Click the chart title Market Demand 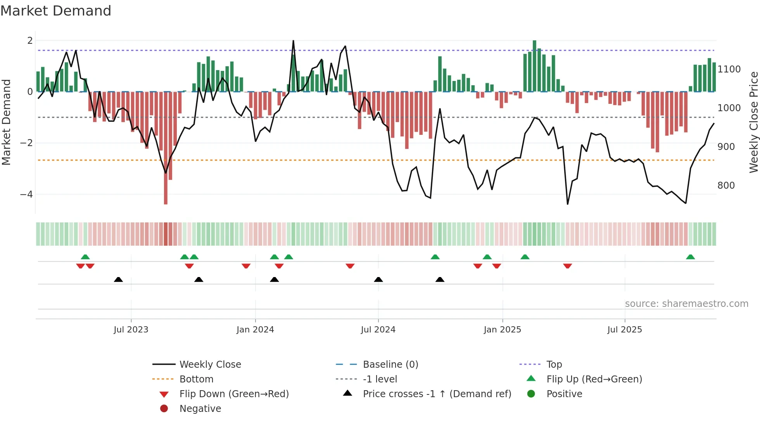(x=56, y=11)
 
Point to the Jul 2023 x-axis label (x=131, y=330)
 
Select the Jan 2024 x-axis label (x=255, y=330)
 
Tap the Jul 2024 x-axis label (x=378, y=330)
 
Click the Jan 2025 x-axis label (x=503, y=330)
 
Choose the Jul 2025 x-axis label (x=625, y=330)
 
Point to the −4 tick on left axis (x=26, y=195)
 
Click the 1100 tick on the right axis (x=729, y=69)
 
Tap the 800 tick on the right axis (x=726, y=186)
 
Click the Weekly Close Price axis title (x=753, y=122)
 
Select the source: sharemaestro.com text (x=686, y=304)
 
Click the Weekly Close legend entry (x=210, y=365)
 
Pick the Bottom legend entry (x=196, y=379)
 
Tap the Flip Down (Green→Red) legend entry (x=234, y=394)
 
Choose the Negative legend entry (x=200, y=409)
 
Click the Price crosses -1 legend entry (x=437, y=394)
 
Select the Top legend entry (x=554, y=365)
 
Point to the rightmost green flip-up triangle (x=690, y=257)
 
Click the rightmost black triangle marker (x=440, y=279)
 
